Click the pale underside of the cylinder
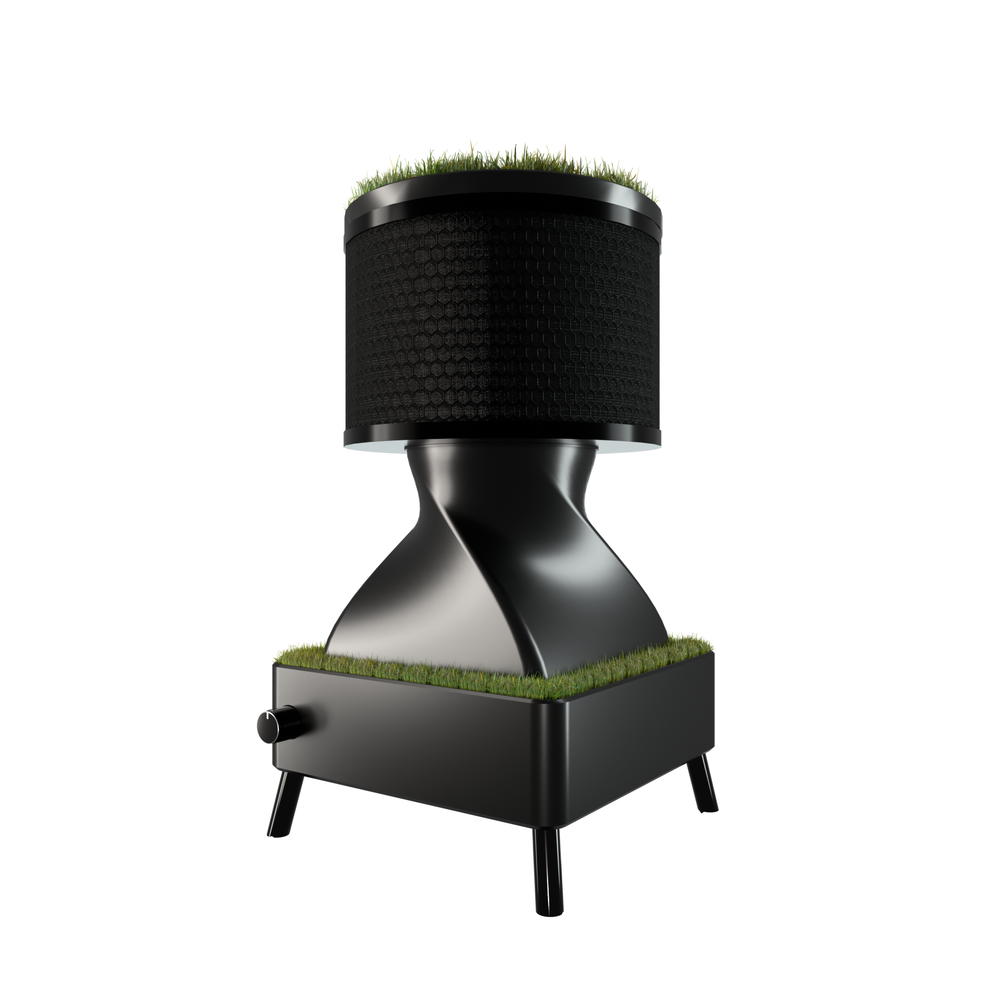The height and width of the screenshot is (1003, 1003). (374, 446)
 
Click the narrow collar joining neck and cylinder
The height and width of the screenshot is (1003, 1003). (498, 447)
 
